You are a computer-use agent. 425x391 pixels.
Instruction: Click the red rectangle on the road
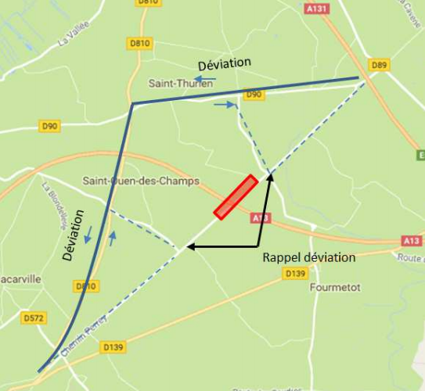(236, 197)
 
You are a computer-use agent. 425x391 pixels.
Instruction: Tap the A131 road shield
(317, 8)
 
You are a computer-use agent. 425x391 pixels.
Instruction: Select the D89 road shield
(380, 64)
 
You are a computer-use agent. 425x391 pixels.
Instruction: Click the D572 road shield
(32, 318)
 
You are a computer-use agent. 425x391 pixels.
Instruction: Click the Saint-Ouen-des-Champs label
(141, 181)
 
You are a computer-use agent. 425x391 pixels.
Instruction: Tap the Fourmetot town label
(335, 287)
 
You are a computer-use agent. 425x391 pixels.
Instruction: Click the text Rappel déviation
(308, 257)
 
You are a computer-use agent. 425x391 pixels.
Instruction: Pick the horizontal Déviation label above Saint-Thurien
(224, 63)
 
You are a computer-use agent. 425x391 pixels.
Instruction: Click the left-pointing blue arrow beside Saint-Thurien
(206, 79)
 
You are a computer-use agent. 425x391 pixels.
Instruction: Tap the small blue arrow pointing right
(225, 104)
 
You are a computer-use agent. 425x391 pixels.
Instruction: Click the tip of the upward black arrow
(271, 176)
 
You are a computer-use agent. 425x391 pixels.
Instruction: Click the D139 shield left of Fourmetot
(295, 273)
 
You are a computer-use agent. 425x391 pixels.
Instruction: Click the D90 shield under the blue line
(254, 95)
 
